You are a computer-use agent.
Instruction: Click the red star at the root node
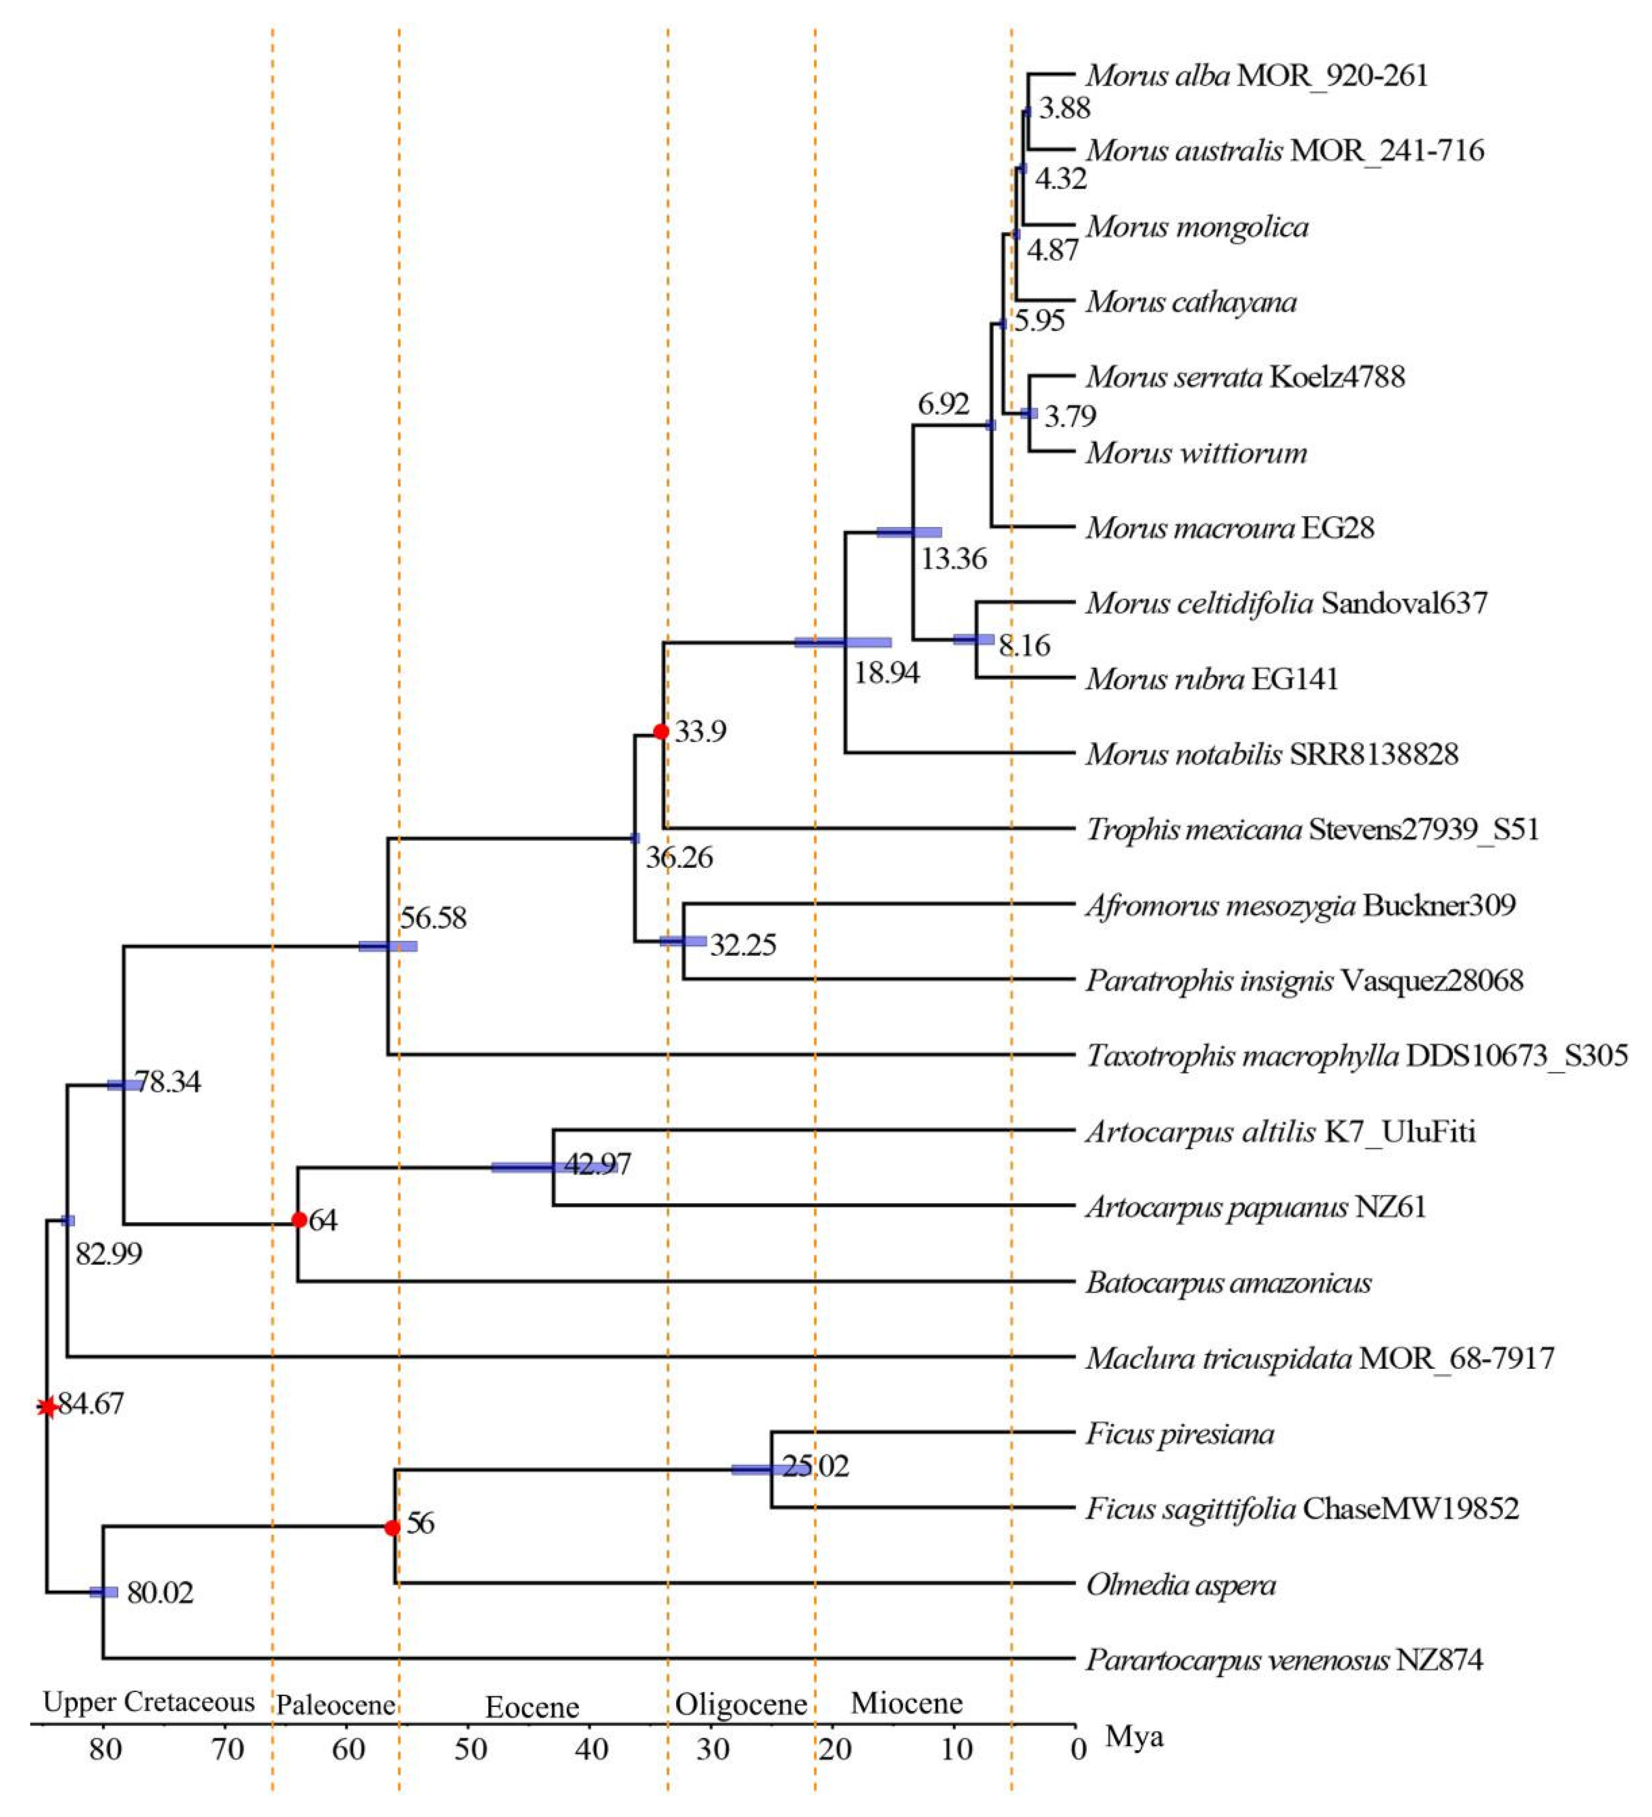[48, 1405]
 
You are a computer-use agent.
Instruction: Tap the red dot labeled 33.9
[661, 731]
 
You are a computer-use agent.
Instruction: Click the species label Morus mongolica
[1197, 226]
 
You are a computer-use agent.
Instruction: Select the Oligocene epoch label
[741, 1705]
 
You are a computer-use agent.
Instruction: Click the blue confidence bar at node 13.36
[909, 533]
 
